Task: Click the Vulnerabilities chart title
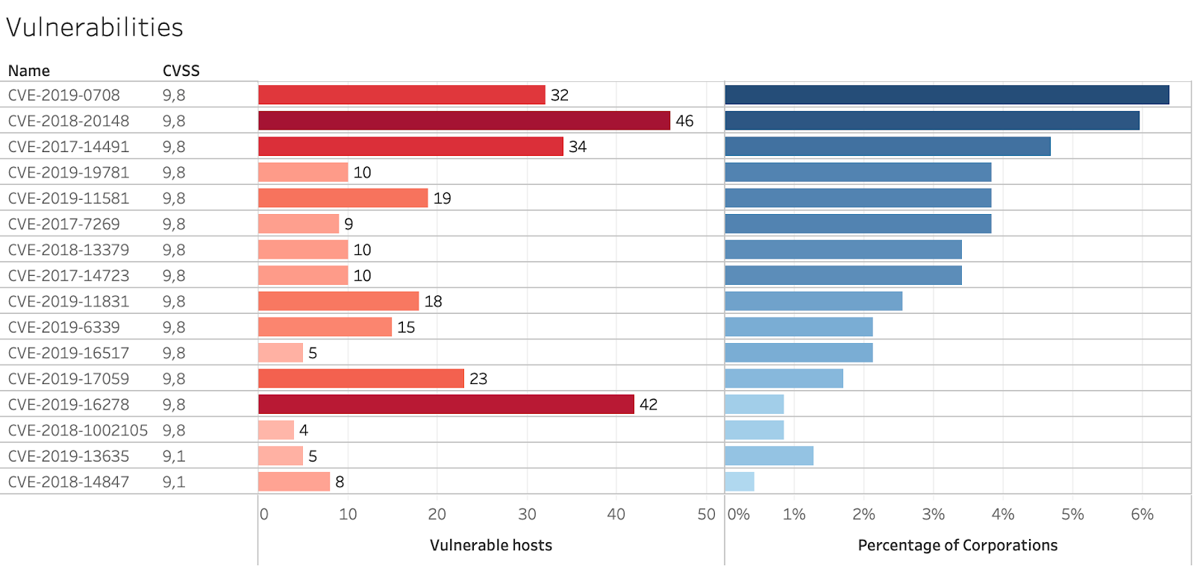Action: [x=95, y=28]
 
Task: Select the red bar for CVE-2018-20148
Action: [x=464, y=121]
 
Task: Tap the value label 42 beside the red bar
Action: [x=648, y=404]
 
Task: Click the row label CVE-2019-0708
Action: [x=64, y=95]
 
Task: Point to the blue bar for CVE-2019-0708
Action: [x=947, y=95]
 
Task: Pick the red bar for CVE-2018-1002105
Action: [x=276, y=430]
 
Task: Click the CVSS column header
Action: [x=181, y=71]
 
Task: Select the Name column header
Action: [x=29, y=71]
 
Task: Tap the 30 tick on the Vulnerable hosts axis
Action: [x=527, y=515]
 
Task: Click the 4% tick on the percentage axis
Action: [x=1003, y=515]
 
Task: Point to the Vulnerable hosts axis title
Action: [x=491, y=545]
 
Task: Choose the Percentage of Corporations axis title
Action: [x=957, y=545]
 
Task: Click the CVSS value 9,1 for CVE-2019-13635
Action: [x=174, y=456]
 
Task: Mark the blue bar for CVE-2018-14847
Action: [x=740, y=482]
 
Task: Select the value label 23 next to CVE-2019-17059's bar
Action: [x=478, y=379]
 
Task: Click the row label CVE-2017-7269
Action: [x=64, y=224]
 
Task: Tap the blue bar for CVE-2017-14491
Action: [x=887, y=146]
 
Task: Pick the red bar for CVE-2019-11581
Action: [x=343, y=198]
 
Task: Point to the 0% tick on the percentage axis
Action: [x=739, y=515]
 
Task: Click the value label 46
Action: [x=684, y=121]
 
